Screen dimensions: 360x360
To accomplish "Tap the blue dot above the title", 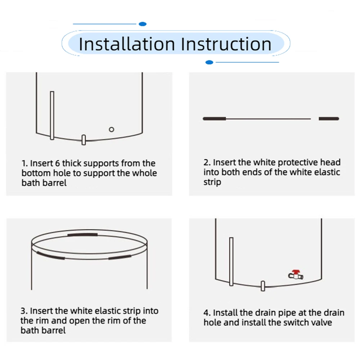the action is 143,24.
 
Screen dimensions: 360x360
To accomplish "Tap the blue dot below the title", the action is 209,62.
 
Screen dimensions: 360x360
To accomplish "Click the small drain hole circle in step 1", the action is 111,130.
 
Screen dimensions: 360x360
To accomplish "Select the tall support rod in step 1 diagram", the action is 52,115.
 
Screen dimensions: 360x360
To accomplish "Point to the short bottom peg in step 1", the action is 84,140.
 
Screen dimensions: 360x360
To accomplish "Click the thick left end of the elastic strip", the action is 215,119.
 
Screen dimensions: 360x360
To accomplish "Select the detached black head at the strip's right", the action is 329,119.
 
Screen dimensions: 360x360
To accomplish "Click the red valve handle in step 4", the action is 296,271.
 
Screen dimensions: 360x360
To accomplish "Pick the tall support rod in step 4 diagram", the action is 231,261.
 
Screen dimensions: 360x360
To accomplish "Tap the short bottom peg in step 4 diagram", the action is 263,286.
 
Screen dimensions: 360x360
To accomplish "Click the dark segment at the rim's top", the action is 82,235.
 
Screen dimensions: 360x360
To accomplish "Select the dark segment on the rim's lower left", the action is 50,256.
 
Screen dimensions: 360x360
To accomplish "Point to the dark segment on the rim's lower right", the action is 120,257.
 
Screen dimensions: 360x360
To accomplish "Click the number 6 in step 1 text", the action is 57,163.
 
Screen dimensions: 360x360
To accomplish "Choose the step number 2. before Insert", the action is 207,162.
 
